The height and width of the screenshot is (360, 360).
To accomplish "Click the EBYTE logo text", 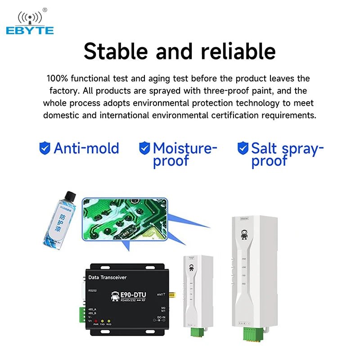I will (30, 31).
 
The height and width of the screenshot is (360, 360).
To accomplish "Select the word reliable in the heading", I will (238, 51).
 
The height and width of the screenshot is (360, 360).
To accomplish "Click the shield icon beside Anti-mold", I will (45, 148).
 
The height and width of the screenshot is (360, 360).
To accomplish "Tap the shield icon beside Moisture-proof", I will (144, 148).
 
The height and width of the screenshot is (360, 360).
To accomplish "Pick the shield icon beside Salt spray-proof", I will (243, 148).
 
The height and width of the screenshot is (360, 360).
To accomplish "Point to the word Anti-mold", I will (86, 148).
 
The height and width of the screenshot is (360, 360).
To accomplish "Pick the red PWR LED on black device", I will (96, 319).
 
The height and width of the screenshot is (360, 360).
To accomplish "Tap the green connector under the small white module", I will (196, 332).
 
